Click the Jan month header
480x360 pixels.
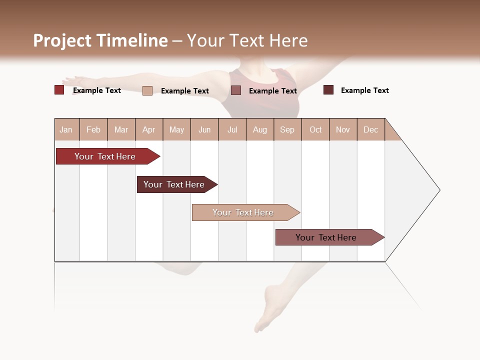tap(66, 129)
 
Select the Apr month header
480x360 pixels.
tap(149, 129)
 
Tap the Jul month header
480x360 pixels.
tap(232, 129)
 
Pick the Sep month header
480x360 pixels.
tap(287, 129)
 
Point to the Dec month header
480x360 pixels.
tap(370, 129)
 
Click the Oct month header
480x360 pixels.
tap(315, 129)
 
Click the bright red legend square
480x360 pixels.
tap(59, 90)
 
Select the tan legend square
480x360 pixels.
tap(147, 90)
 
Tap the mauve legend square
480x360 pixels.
tap(236, 90)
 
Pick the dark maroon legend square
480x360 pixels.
tap(328, 90)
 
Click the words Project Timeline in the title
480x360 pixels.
tap(100, 40)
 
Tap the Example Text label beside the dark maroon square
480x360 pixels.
tap(364, 90)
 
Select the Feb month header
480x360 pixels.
tap(93, 129)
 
